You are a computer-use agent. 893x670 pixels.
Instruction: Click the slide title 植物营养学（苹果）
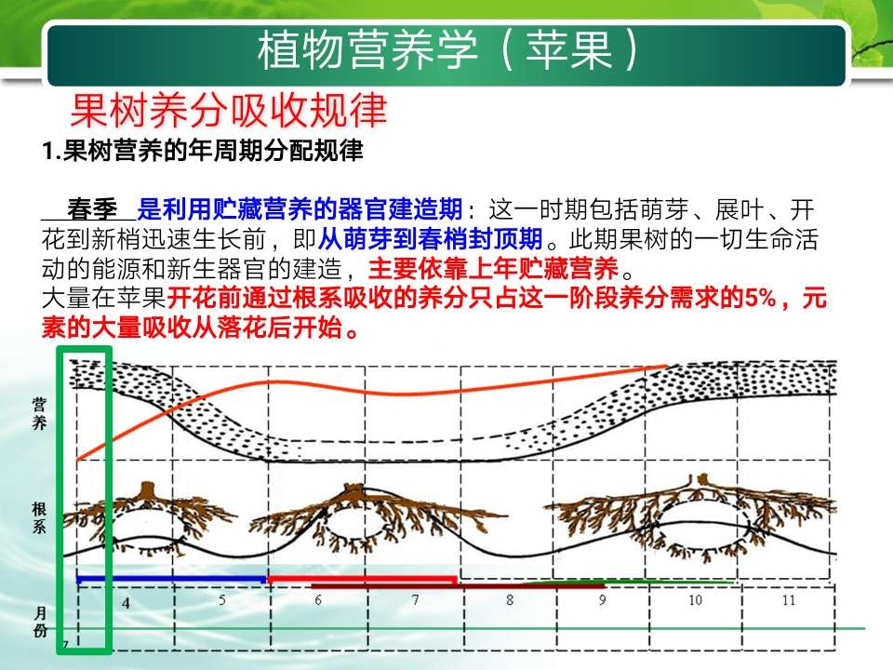(448, 50)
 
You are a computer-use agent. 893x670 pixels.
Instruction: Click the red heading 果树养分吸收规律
(229, 111)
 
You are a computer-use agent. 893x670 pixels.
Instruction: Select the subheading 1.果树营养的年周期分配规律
(202, 151)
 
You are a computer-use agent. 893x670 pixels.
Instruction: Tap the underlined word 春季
(92, 209)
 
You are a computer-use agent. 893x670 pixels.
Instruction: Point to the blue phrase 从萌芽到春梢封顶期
(430, 239)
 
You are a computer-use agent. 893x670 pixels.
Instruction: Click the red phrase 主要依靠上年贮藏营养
(493, 268)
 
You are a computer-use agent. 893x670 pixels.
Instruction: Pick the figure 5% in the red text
(760, 298)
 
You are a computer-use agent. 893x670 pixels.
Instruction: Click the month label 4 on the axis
(126, 602)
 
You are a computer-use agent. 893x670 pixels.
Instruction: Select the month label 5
(222, 600)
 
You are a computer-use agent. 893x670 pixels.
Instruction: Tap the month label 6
(318, 600)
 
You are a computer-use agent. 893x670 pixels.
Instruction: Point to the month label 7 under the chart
(415, 600)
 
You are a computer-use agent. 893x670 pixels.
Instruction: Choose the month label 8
(510, 600)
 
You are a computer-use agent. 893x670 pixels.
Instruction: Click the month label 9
(603, 600)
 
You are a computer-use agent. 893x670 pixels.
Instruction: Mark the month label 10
(696, 600)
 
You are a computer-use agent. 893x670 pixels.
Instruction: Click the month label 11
(788, 600)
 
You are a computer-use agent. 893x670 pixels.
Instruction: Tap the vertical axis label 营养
(39, 414)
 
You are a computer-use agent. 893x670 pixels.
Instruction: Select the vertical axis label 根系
(39, 518)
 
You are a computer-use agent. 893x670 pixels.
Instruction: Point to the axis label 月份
(40, 623)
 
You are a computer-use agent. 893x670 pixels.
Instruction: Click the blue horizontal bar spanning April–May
(171, 580)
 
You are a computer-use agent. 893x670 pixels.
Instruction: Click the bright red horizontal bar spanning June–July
(362, 580)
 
